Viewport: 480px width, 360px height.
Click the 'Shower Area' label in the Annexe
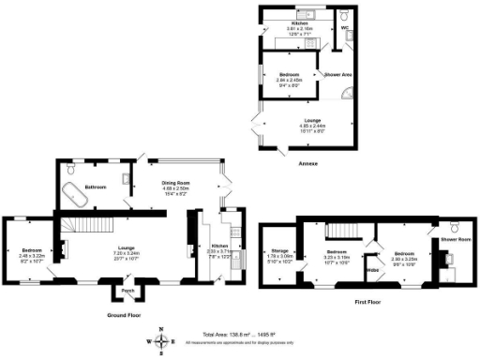click(x=337, y=73)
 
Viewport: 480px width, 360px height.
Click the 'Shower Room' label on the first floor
click(x=455, y=238)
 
